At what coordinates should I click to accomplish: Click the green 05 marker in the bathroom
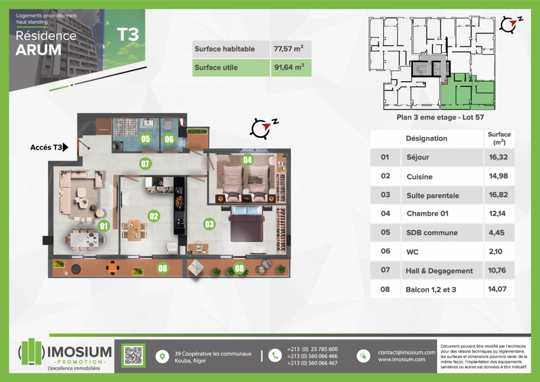(x=146, y=139)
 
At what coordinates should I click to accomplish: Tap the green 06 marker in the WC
(x=169, y=139)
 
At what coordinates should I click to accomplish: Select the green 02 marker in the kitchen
(x=153, y=216)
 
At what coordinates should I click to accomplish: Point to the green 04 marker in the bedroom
(x=247, y=160)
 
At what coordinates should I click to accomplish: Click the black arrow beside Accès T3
(x=65, y=147)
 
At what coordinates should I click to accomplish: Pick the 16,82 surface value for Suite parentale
(x=498, y=195)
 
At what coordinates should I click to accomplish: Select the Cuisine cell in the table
(x=419, y=177)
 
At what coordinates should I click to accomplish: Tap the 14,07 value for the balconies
(x=497, y=289)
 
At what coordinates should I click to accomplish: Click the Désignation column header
(x=426, y=138)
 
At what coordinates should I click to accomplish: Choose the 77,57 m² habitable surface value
(x=288, y=49)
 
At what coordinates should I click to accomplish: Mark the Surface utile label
(x=216, y=68)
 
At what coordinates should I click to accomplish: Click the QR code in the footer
(x=133, y=356)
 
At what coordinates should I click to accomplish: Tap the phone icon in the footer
(x=275, y=356)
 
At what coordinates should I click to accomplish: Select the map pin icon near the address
(x=162, y=356)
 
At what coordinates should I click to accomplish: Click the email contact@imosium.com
(x=407, y=352)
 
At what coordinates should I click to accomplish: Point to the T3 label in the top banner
(x=128, y=34)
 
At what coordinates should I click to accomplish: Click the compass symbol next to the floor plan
(x=264, y=128)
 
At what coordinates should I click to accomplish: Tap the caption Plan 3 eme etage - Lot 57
(x=440, y=117)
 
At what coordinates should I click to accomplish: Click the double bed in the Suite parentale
(x=247, y=224)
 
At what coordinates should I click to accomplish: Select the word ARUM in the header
(x=38, y=50)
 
